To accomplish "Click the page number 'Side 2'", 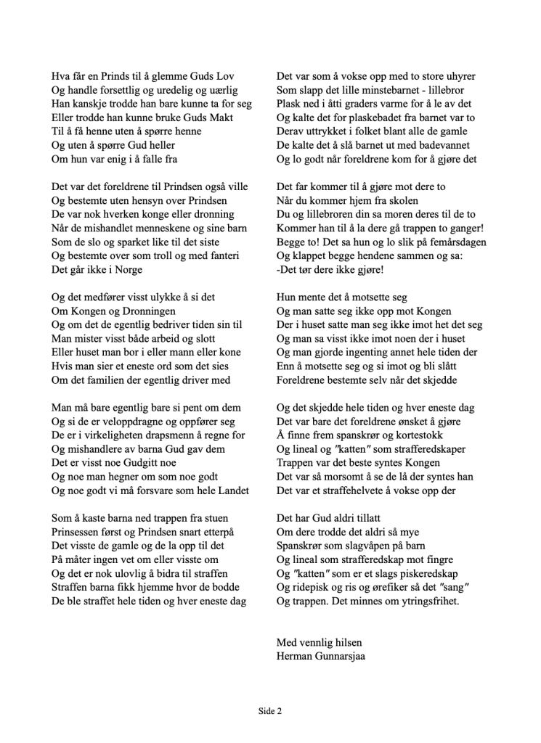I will tap(269, 711).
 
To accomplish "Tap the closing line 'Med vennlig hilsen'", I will tap(319, 642).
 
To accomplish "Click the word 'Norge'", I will tap(126, 269).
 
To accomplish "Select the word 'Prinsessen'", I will tap(78, 532).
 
